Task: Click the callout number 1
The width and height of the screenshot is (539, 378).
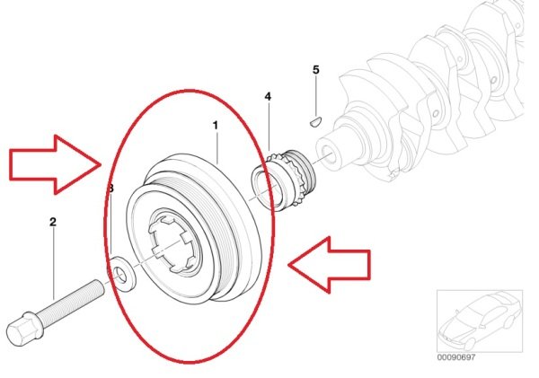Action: click(x=216, y=126)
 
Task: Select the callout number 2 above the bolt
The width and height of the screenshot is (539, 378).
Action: click(x=53, y=222)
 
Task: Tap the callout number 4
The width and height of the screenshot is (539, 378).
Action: click(x=268, y=97)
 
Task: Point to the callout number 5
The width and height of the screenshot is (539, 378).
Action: click(x=316, y=70)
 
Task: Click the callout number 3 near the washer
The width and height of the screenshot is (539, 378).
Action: click(x=110, y=189)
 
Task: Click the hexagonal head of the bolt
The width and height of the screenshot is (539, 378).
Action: click(x=23, y=329)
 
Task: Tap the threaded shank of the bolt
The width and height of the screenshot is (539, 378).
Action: click(x=73, y=298)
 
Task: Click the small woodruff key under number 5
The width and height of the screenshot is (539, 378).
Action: click(x=315, y=122)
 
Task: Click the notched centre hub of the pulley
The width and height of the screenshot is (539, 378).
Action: click(x=171, y=243)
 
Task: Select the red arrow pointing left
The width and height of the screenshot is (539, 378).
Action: click(x=329, y=265)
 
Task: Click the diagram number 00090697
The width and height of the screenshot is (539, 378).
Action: click(x=456, y=357)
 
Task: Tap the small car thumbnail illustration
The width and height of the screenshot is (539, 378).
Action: click(x=480, y=321)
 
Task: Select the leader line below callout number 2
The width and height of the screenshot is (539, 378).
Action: click(x=54, y=263)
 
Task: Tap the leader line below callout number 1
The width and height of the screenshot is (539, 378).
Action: click(x=216, y=147)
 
